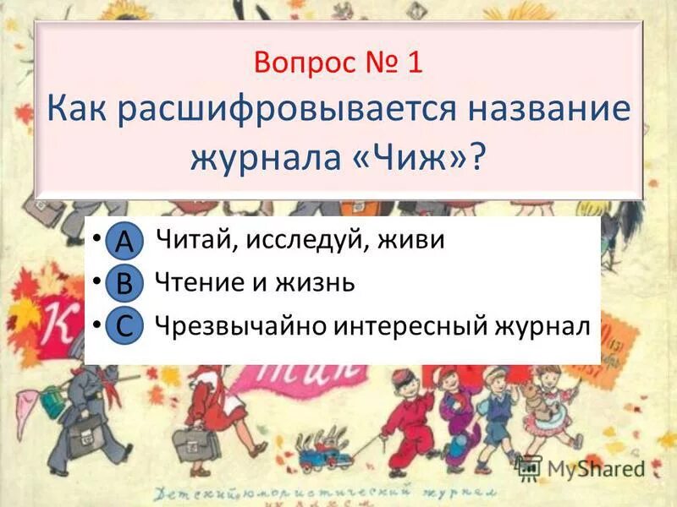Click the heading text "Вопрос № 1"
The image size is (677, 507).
click(x=338, y=64)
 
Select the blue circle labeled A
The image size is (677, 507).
click(x=124, y=241)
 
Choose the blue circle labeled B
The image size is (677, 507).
click(x=124, y=284)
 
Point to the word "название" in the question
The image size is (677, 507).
click(x=541, y=111)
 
